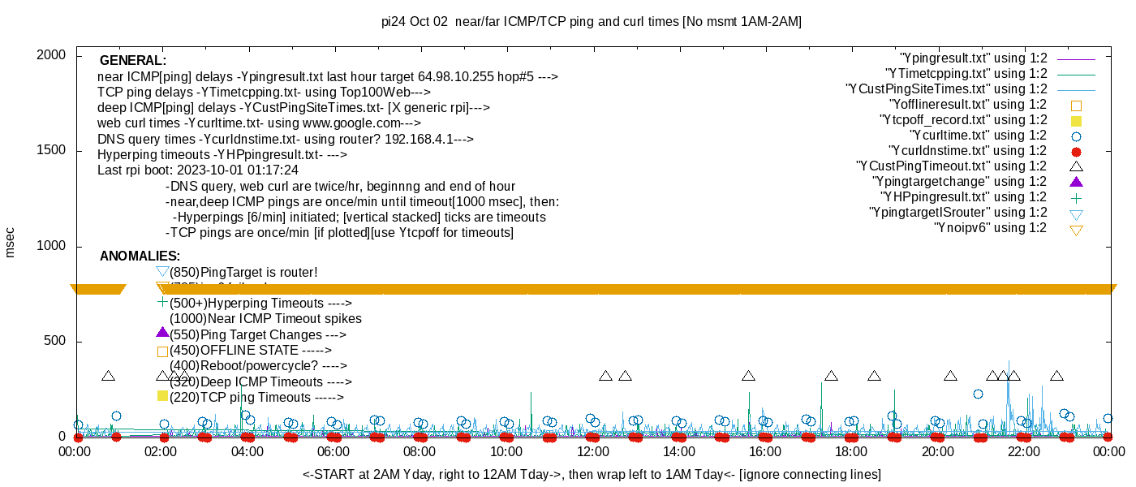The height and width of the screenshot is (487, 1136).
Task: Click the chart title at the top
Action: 592,22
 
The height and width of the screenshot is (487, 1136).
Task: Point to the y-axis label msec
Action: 10,242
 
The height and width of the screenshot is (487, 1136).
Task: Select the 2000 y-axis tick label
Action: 53,55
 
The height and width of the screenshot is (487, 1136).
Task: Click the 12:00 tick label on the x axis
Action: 592,452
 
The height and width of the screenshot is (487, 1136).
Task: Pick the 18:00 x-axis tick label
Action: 850,452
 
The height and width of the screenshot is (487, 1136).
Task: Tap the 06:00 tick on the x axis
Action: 333,452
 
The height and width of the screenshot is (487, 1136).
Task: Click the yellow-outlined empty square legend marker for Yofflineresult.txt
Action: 1077,105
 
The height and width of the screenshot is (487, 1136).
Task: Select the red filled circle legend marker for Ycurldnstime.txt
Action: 1077,151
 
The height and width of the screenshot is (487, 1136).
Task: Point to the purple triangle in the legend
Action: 1077,181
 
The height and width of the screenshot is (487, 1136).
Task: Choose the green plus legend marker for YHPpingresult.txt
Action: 1077,197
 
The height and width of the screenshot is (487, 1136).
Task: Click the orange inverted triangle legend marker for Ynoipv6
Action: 1077,230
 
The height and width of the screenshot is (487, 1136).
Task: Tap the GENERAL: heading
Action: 133,61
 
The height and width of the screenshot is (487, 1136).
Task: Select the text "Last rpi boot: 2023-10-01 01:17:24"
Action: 198,170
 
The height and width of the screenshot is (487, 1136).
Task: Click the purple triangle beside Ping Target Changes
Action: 162,333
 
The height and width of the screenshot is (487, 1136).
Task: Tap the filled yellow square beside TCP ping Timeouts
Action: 162,396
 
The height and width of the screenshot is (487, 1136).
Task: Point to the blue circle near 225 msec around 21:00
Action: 978,394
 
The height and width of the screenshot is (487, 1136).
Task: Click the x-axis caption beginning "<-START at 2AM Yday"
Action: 592,474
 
